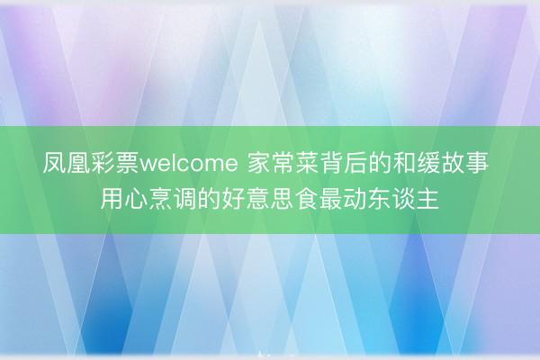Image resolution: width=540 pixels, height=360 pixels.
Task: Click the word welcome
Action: click(x=188, y=166)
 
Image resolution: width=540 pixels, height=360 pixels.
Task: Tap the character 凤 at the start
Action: click(x=54, y=166)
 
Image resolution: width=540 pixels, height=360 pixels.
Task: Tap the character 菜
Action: click(x=306, y=166)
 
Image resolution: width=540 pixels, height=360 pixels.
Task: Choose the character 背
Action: click(x=330, y=166)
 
